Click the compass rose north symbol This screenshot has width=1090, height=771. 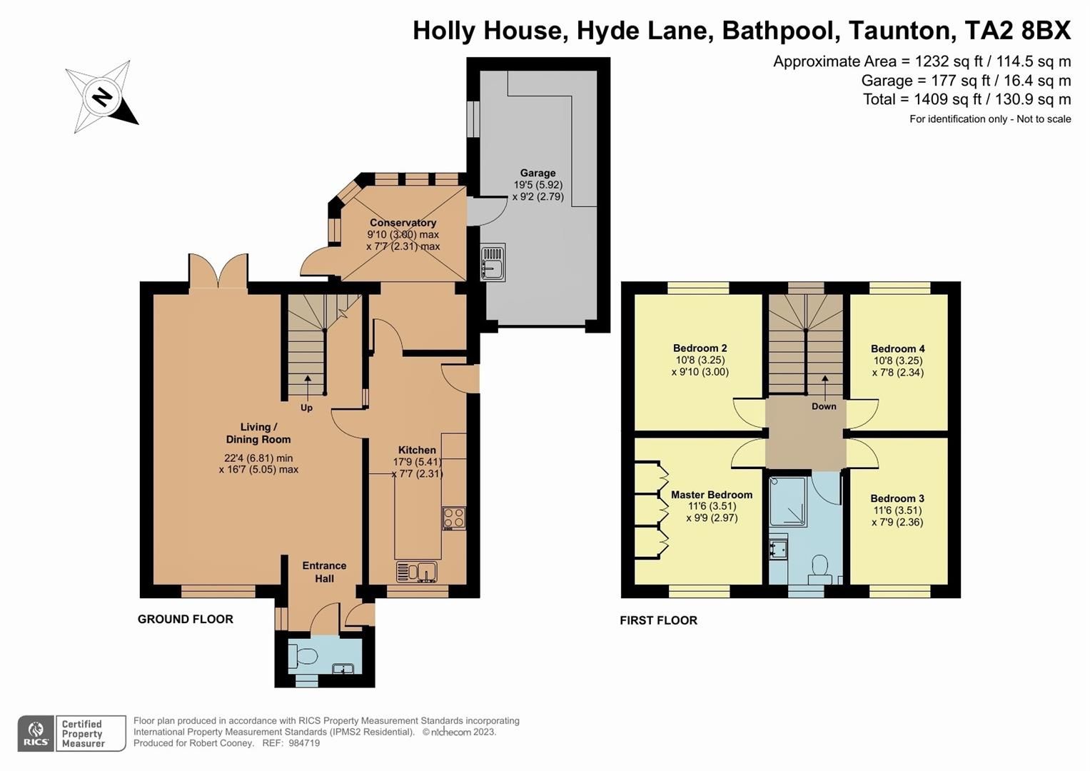point(102,96)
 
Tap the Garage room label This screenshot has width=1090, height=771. point(538,173)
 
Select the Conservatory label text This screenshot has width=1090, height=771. point(403,223)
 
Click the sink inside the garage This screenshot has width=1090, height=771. point(493,262)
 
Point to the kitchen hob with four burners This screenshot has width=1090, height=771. point(454,518)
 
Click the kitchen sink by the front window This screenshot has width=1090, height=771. point(417,572)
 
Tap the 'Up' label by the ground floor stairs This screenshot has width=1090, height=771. point(306,408)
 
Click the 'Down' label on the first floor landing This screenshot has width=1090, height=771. point(824,406)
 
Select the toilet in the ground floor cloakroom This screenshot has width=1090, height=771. point(306,656)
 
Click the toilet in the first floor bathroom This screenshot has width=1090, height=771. point(819,566)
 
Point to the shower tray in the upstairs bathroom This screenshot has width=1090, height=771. point(788,501)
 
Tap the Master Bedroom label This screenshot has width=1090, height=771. point(711,495)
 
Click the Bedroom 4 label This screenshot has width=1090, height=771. point(897,349)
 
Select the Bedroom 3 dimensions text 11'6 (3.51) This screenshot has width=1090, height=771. point(897,510)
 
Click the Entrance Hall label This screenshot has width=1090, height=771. point(324,572)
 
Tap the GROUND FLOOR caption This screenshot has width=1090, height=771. point(186,619)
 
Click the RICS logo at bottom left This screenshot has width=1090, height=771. point(36,733)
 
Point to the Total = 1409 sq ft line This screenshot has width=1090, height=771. point(967,99)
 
